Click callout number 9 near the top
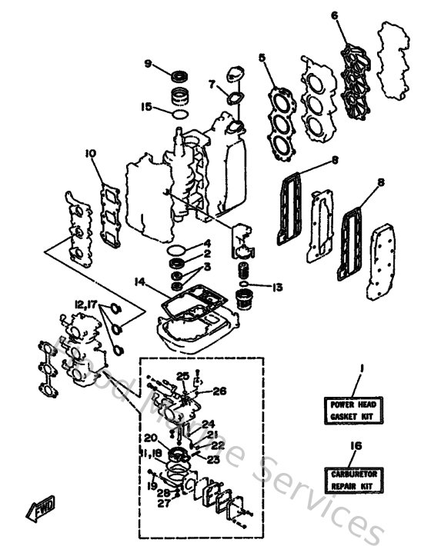click(x=147, y=63)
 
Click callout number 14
click(x=139, y=282)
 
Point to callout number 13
click(x=277, y=287)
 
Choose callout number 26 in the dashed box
click(x=219, y=390)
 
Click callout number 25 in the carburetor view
click(x=182, y=375)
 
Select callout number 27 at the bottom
click(x=164, y=503)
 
